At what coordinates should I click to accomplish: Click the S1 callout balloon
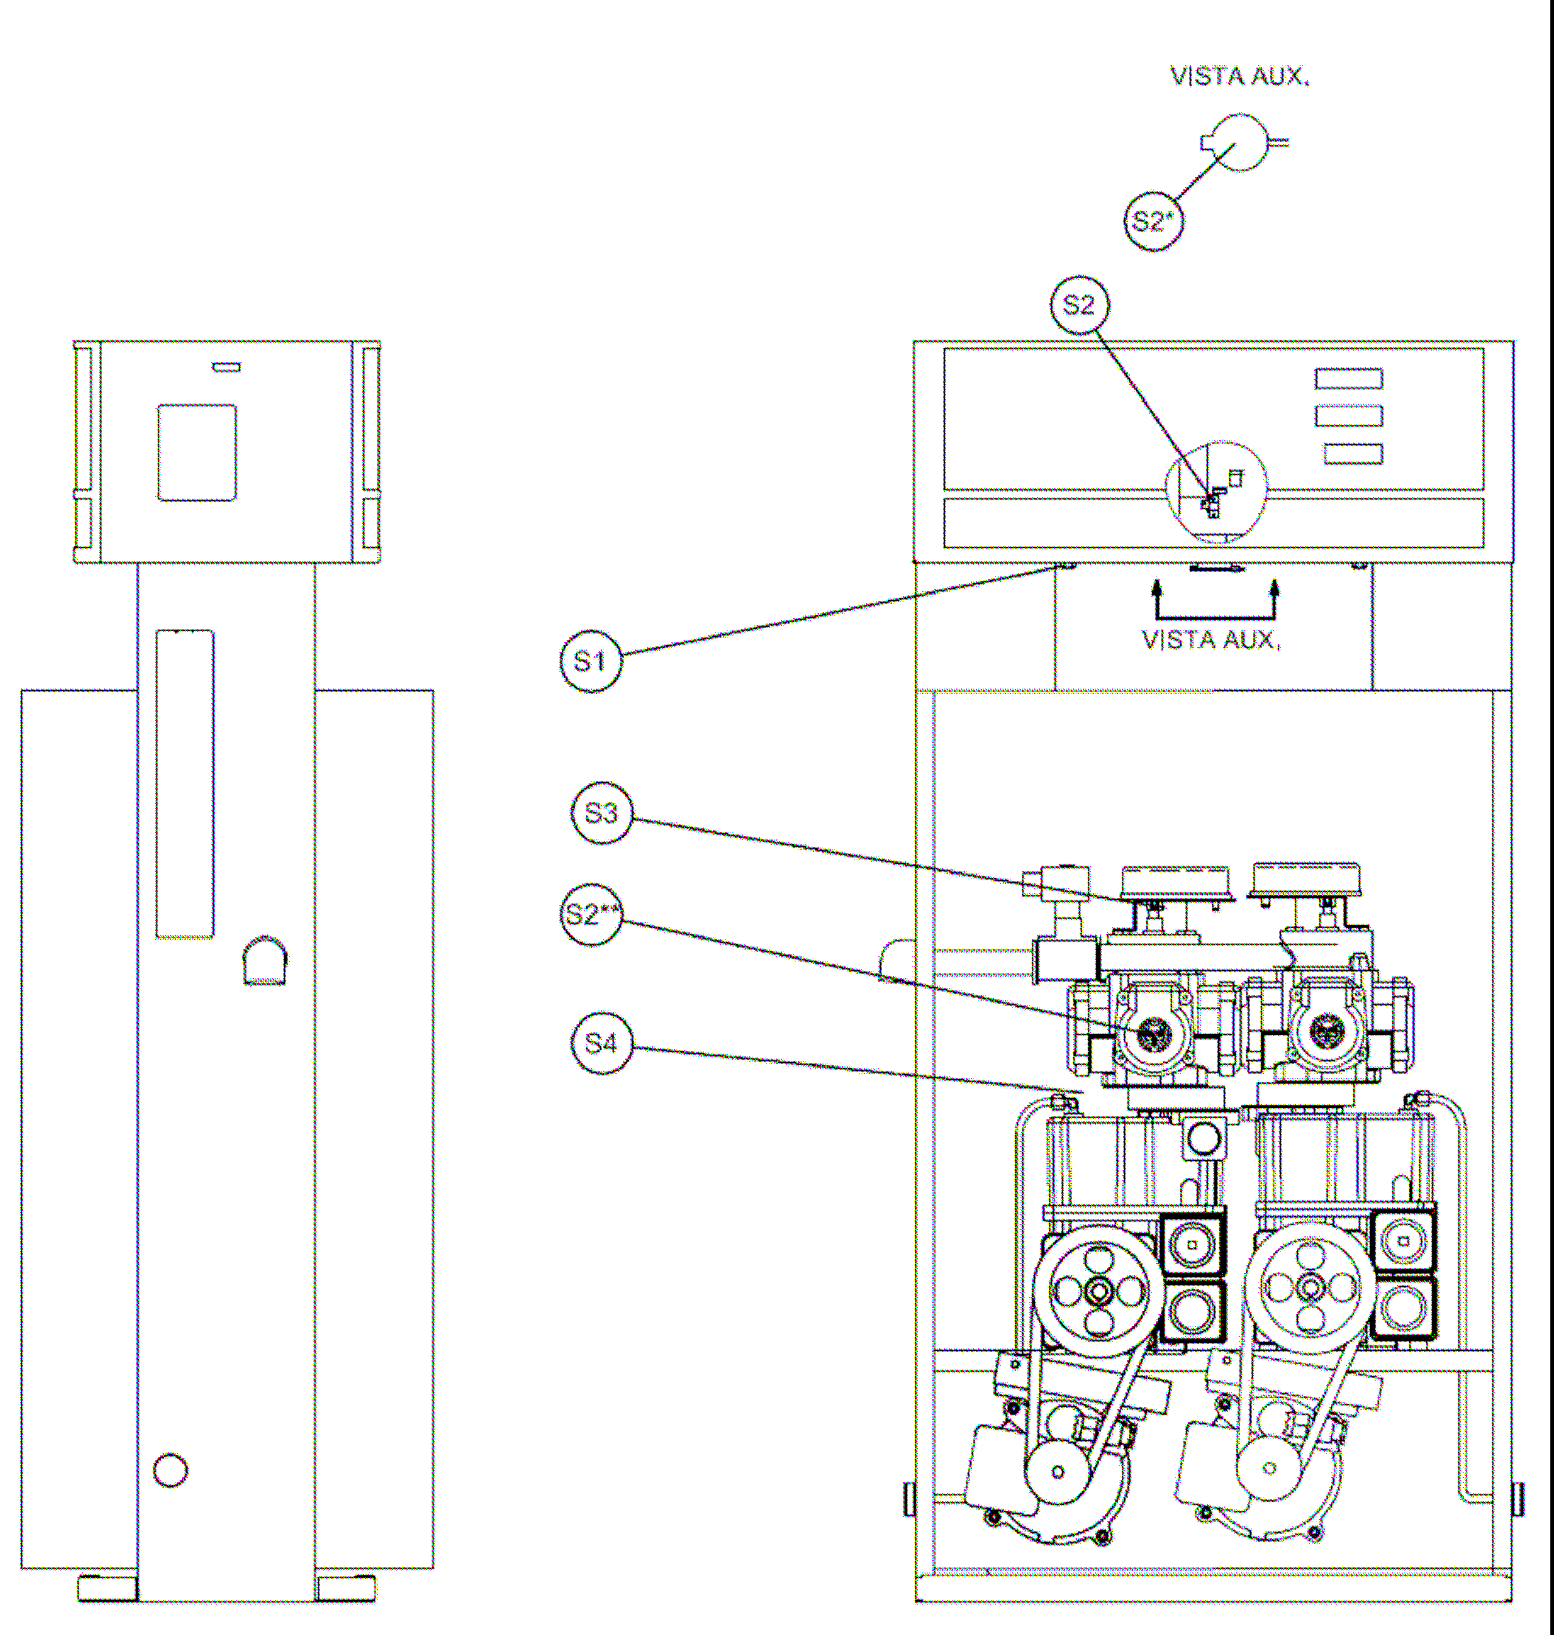pos(590,661)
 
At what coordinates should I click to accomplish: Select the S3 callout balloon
pos(601,813)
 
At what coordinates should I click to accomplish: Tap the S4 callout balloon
pos(601,1043)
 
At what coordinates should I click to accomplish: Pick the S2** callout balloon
pos(590,914)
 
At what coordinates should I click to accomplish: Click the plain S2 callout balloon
pos(1079,305)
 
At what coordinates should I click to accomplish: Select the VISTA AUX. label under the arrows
pos(1211,640)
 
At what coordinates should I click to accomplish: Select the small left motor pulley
pos(1058,1472)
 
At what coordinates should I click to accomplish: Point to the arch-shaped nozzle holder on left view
pos(264,961)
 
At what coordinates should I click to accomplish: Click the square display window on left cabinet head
pos(197,452)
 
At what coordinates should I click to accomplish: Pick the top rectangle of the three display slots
pos(1349,379)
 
